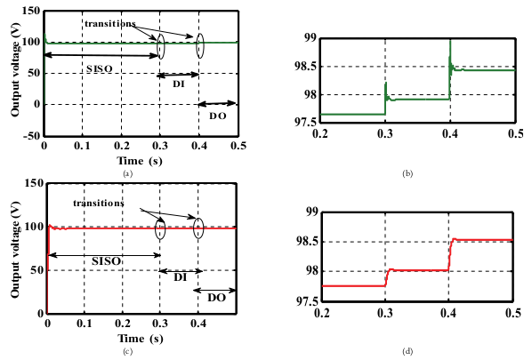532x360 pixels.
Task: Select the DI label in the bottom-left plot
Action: click(x=179, y=277)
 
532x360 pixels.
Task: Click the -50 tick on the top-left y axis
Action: click(x=28, y=135)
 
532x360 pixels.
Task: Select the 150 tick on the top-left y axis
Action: click(x=28, y=12)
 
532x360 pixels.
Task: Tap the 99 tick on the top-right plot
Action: click(x=309, y=37)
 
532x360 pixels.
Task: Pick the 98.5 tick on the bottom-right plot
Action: click(x=305, y=242)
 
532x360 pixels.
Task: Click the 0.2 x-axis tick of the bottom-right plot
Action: click(x=321, y=314)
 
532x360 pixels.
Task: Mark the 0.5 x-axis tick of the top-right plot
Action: click(x=514, y=133)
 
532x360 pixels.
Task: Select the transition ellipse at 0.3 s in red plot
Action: click(x=161, y=229)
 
